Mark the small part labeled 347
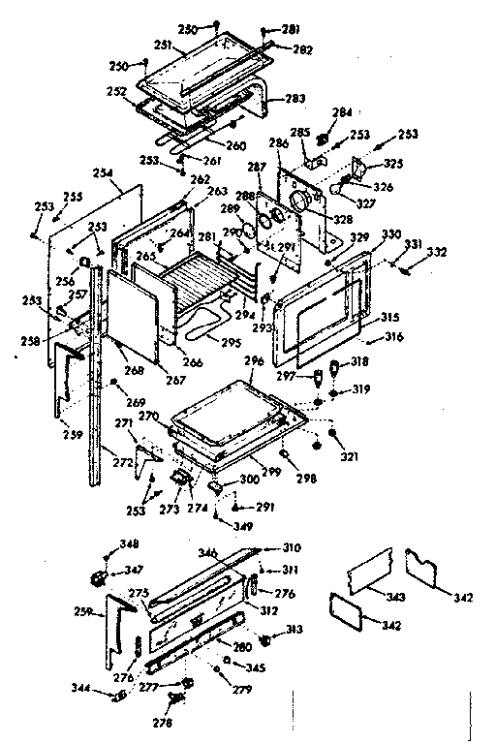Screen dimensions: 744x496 click(98, 578)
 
